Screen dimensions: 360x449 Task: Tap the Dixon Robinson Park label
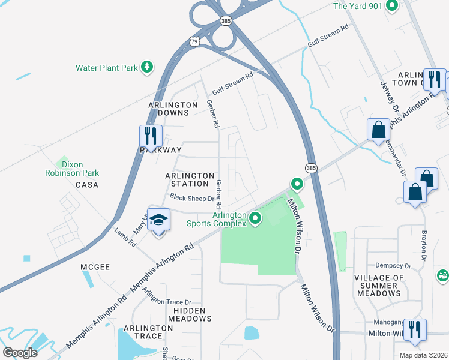pyautogui.click(x=71, y=169)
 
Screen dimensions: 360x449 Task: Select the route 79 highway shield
pyautogui.click(x=193, y=41)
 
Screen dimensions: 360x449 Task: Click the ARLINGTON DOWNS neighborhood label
pyautogui.click(x=173, y=109)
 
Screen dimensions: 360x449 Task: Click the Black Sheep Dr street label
pyautogui.click(x=192, y=197)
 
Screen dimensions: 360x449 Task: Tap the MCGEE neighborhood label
pyautogui.click(x=95, y=266)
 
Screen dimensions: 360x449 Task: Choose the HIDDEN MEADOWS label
pyautogui.click(x=192, y=314)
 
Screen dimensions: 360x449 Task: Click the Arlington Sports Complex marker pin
pyautogui.click(x=256, y=218)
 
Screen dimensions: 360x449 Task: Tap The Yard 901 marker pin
pyautogui.click(x=393, y=6)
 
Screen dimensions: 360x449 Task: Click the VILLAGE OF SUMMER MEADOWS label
pyautogui.click(x=379, y=286)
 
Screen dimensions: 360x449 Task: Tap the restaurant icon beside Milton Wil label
pyautogui.click(x=415, y=331)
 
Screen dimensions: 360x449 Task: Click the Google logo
pyautogui.click(x=20, y=353)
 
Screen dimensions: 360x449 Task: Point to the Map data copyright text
pyautogui.click(x=423, y=355)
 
